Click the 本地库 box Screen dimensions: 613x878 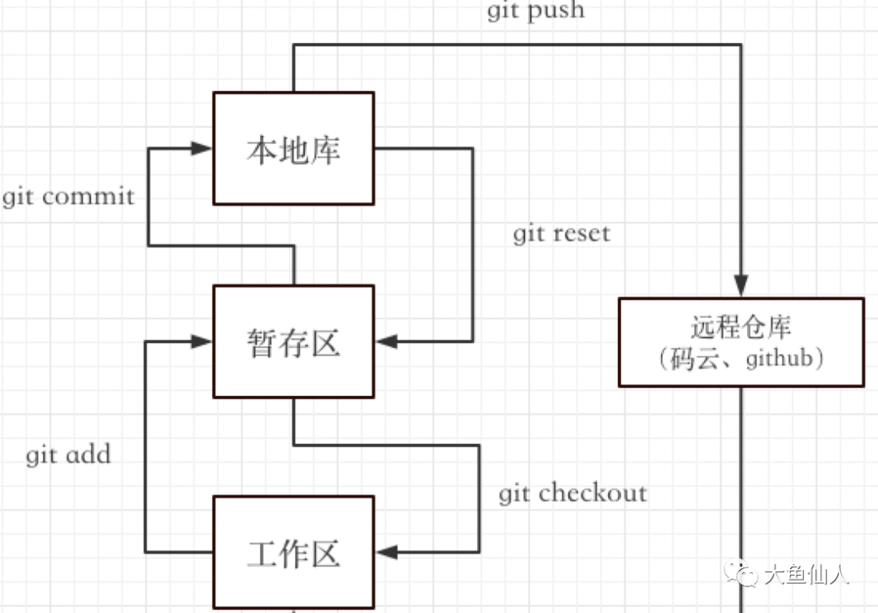293,148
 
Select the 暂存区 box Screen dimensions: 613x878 293,341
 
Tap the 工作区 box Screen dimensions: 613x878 293,552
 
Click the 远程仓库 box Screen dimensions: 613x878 740,341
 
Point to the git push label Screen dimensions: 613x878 535,11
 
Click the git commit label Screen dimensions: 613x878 68,197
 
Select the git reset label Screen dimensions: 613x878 561,234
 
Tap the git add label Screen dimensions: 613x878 68,454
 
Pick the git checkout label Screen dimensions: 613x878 573,493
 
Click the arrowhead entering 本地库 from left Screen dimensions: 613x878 202,148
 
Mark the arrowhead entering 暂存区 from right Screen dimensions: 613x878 387,341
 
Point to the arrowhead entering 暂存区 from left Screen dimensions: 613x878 202,341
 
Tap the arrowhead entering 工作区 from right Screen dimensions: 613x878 387,552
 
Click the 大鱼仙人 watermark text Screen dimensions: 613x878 806,576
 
